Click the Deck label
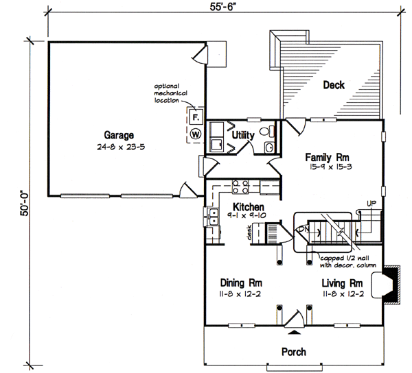point(334,86)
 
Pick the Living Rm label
point(342,282)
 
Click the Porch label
point(293,352)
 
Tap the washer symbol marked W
point(195,134)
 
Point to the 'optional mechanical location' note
point(170,93)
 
